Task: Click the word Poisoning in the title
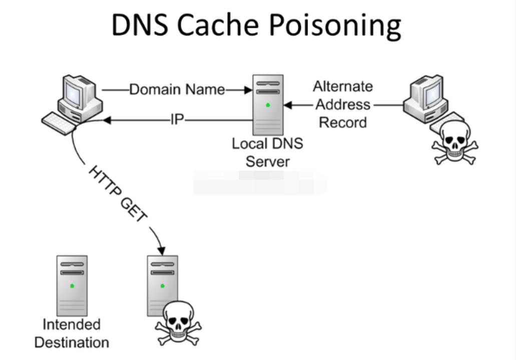tap(329, 26)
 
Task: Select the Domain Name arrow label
tap(177, 90)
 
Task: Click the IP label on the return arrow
tap(177, 120)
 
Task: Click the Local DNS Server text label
tap(267, 153)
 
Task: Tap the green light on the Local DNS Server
tap(268, 105)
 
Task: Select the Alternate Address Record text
tap(343, 104)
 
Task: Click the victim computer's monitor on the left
tap(77, 93)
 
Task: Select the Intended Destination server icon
tap(72, 285)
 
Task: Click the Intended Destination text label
tap(72, 333)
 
